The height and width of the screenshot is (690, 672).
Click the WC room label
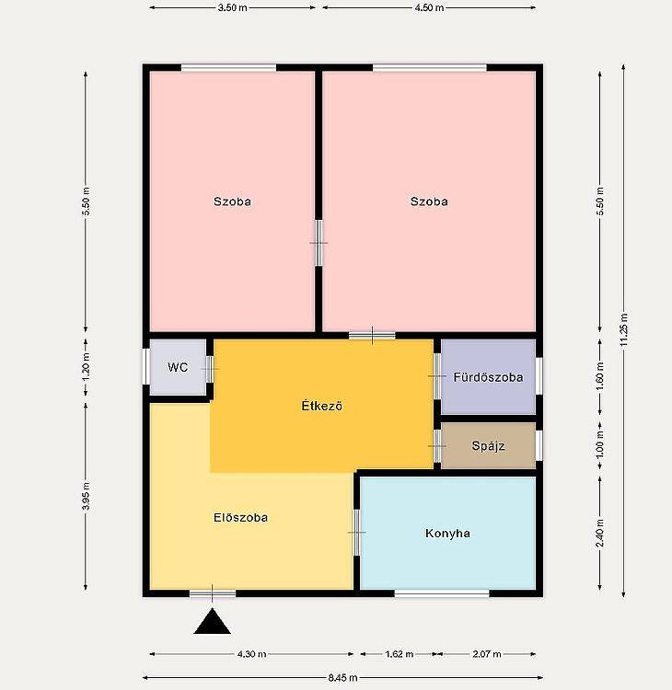pos(178,367)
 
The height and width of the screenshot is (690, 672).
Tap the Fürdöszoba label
pos(489,377)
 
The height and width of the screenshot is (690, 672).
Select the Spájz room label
pos(488,446)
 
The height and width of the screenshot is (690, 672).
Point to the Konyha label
pos(447,534)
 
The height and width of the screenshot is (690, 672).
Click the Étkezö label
pos(322,406)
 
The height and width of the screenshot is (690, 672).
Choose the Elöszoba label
pos(240,517)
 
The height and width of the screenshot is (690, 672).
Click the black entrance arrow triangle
pos(213,621)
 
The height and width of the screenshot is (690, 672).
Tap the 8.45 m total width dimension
pos(342,678)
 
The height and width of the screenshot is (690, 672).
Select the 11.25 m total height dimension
pos(623,330)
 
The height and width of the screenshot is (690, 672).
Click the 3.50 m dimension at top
pos(233,8)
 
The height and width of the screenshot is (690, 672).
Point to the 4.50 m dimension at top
pos(429,8)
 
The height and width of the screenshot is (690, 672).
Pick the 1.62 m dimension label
pos(399,654)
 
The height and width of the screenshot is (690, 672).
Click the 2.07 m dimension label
pos(487,654)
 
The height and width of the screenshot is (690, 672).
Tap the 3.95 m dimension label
pos(86,497)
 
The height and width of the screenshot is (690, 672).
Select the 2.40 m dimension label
pos(600,533)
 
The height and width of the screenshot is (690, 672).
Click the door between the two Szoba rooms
pos(319,243)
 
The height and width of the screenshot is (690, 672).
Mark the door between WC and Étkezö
pos(210,369)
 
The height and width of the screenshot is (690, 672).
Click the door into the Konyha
pos(356,533)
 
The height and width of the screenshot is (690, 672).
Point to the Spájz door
pos(437,446)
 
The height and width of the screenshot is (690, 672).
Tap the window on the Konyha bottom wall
pos(442,593)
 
